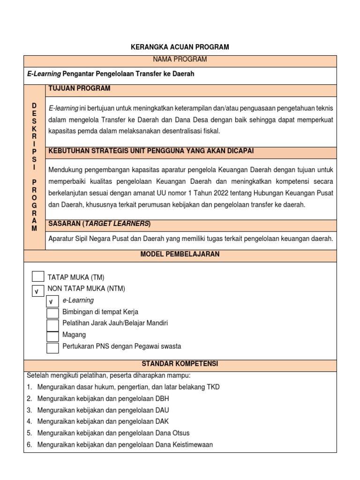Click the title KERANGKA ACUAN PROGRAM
tap(180, 47)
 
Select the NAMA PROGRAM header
tap(180, 60)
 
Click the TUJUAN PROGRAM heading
tap(79, 89)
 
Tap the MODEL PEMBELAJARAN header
tap(180, 255)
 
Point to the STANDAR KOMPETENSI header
tap(180, 364)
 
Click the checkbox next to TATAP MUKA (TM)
tap(38, 277)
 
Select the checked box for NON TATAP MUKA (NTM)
tap(38, 292)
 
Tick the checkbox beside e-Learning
tap(52, 302)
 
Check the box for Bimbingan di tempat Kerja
tap(52, 313)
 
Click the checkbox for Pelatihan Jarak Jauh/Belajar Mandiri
tap(52, 325)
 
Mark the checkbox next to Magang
tap(52, 336)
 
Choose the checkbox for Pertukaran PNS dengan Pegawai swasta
tap(52, 348)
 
